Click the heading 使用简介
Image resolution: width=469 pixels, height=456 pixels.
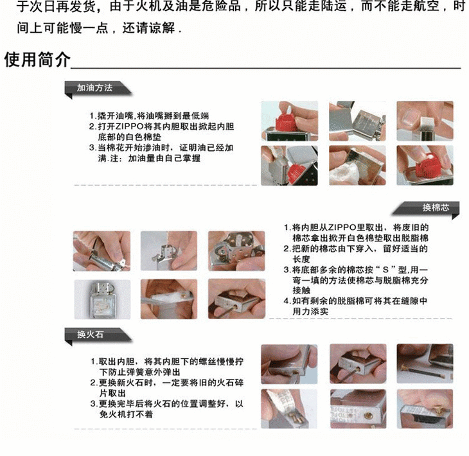click(37, 59)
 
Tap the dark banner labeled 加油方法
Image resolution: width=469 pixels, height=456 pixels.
click(98, 89)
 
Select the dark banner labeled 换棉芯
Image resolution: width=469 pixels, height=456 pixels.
click(425, 208)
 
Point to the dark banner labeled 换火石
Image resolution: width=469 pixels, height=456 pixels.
click(98, 335)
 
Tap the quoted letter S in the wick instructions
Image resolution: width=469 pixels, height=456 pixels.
click(385, 270)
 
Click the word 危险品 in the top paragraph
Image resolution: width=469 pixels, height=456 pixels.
click(221, 6)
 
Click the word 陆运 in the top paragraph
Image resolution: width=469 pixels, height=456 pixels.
click(333, 6)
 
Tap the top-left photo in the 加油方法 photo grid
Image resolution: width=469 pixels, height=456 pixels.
click(289, 121)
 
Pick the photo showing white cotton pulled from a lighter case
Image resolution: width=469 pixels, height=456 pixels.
click(357, 165)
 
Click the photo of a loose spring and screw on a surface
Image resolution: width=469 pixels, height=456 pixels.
click(425, 364)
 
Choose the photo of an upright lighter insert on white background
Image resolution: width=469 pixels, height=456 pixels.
click(102, 299)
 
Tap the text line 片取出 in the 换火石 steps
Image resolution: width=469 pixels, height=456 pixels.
click(112, 393)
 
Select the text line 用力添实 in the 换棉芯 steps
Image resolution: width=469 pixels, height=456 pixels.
click(310, 311)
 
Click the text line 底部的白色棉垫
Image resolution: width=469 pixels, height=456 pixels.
click(130, 137)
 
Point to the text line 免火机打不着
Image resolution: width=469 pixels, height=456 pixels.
click(126, 414)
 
